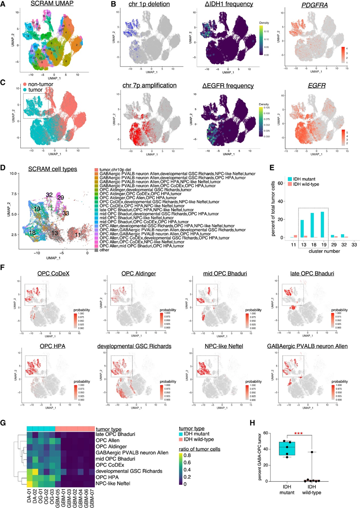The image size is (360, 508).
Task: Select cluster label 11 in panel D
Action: pos(77,235)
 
